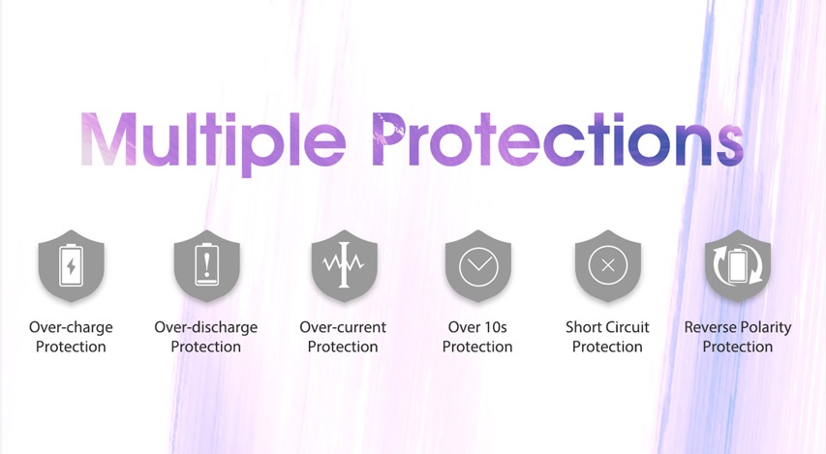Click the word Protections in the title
pyautogui.click(x=558, y=139)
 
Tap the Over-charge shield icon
pyautogui.click(x=71, y=265)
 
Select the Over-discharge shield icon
pyautogui.click(x=206, y=265)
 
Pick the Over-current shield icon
pyautogui.click(x=344, y=265)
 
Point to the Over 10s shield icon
pyautogui.click(x=478, y=265)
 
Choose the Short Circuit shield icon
pyautogui.click(x=608, y=265)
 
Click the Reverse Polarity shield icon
pyautogui.click(x=738, y=265)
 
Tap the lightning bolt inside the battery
pyautogui.click(x=71, y=266)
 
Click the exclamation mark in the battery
pyautogui.click(x=207, y=264)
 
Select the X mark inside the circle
pyautogui.click(x=608, y=265)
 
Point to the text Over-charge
pyautogui.click(x=71, y=327)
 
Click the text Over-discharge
pyautogui.click(x=206, y=327)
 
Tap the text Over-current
pyautogui.click(x=343, y=327)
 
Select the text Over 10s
pyautogui.click(x=477, y=327)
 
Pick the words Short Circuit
pyautogui.click(x=607, y=327)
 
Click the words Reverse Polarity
pyautogui.click(x=738, y=327)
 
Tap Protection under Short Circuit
pyautogui.click(x=607, y=347)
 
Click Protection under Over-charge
pyautogui.click(x=71, y=347)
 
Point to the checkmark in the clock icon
pyautogui.click(x=478, y=262)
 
